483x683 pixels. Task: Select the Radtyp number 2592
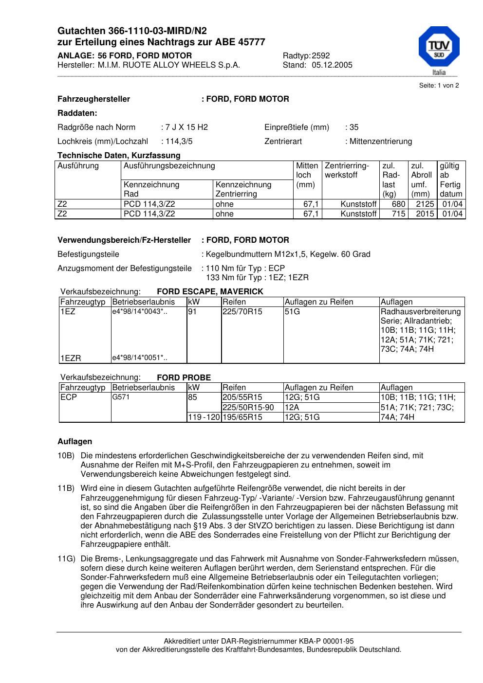click(321, 55)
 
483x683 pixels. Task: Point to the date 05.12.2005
click(332, 65)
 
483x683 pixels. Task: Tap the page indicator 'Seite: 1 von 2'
click(439, 86)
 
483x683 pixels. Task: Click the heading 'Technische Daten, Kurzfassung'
click(119, 156)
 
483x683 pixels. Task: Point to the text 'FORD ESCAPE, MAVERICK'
click(210, 292)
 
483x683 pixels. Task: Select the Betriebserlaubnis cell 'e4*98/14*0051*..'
click(140, 359)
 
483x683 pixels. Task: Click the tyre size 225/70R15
click(242, 312)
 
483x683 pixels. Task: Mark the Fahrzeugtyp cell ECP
click(69, 397)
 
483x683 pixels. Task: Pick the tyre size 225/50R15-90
click(248, 407)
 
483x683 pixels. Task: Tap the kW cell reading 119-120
click(204, 417)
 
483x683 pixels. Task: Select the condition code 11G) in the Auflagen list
click(66, 559)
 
